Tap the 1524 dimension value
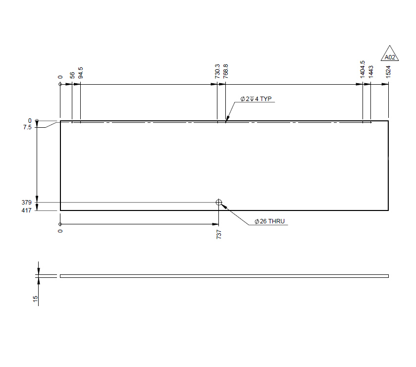pos(389,71)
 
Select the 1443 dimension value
pos(371,71)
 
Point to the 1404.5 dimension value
pos(363,69)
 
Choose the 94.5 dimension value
pos(81,72)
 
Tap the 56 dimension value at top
pos(72,75)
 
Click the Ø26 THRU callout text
pos(269,221)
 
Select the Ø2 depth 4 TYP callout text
pos(256,99)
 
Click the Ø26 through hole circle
pos(219,202)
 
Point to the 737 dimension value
pos(219,235)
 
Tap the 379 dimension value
pos(27,203)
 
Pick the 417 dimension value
pos(27,210)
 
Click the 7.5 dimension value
pos(27,127)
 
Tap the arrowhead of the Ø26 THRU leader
pos(224,206)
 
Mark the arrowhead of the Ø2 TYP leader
pos(227,119)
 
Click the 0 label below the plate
pos(60,231)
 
